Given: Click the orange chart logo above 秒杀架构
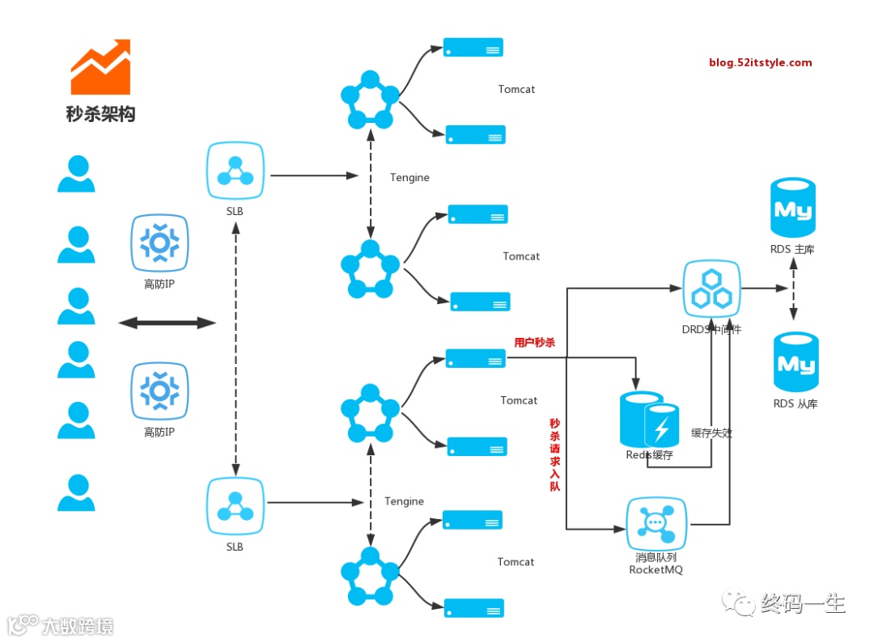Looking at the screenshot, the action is tap(100, 67).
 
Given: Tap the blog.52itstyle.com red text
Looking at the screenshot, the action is tap(760, 62).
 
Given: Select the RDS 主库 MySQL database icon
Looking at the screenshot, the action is tap(792, 207).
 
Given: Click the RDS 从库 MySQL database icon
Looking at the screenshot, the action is tap(796, 362).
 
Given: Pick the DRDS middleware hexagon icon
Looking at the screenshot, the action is tap(712, 289).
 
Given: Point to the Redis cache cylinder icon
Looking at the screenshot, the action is tap(649, 420).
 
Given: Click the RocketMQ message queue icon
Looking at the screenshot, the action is tap(656, 523).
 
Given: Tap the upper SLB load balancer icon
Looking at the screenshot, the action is tap(235, 171).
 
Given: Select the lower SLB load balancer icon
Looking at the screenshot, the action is tap(235, 506).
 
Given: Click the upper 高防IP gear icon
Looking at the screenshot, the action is tap(159, 243).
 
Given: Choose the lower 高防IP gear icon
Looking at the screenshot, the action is tap(159, 391).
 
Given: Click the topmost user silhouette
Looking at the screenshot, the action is tap(76, 174).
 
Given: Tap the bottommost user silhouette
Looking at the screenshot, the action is tap(76, 492).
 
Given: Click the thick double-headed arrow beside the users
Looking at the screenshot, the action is tap(168, 323).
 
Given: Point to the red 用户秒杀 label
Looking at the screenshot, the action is tap(535, 343).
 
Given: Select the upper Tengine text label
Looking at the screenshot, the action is tap(409, 178).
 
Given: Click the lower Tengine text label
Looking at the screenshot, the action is tap(404, 501).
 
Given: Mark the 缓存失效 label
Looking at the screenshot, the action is tap(712, 433).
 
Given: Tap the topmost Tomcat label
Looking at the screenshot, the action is tap(516, 89).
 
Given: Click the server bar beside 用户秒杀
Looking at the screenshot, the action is tap(476, 358).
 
